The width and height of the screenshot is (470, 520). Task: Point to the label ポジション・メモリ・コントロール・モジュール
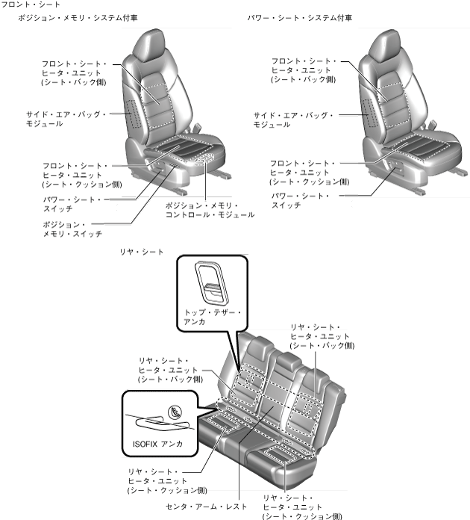pyautogui.click(x=209, y=209)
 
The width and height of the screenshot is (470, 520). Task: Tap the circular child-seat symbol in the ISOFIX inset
pyautogui.click(x=175, y=410)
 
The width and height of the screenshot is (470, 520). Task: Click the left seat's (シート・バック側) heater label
pyautogui.click(x=74, y=72)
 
